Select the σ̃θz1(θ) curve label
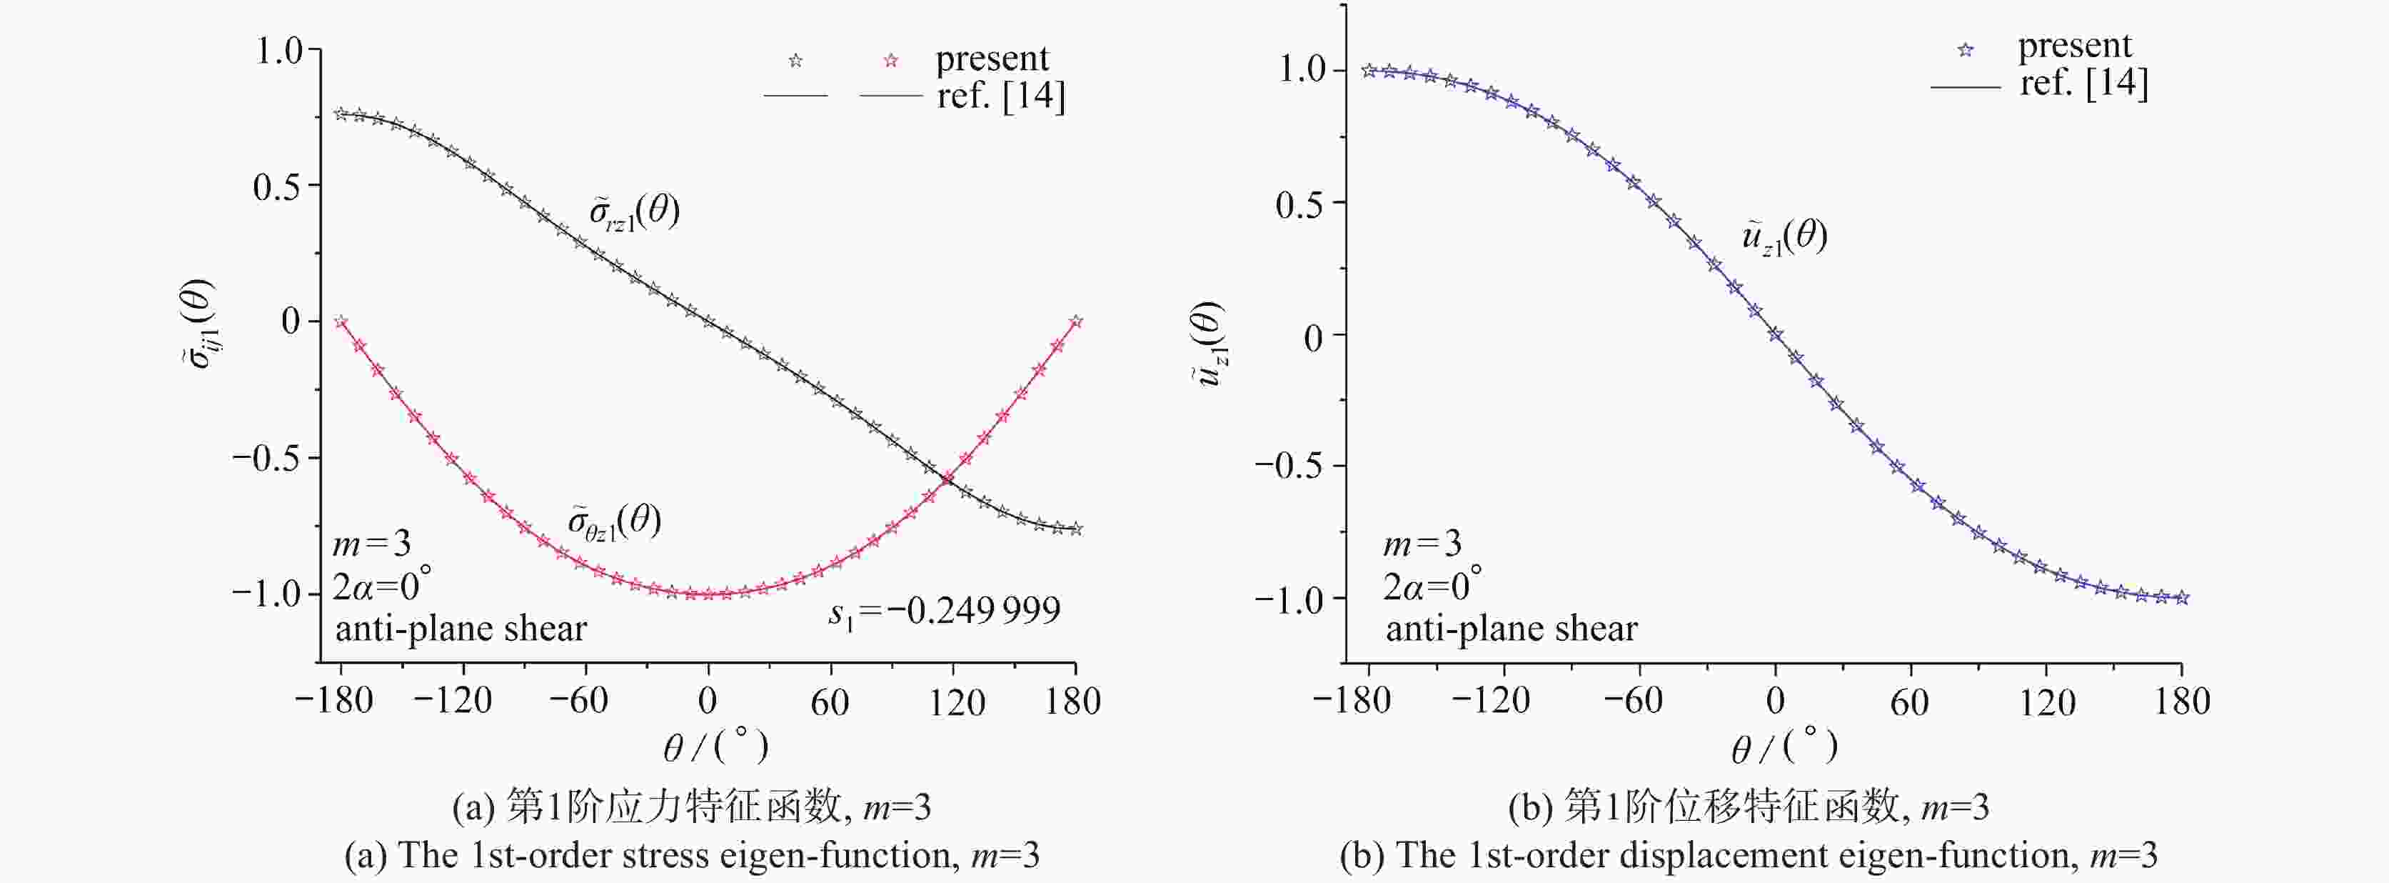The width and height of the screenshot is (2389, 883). pos(615,522)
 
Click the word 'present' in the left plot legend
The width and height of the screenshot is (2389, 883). pos(992,59)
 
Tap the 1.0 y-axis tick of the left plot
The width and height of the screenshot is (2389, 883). pos(279,50)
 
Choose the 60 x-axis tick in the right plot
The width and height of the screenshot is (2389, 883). pos(1909,702)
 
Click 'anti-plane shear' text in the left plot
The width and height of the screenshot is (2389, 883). pos(461,630)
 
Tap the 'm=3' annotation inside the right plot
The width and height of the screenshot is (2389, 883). pos(1422,544)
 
